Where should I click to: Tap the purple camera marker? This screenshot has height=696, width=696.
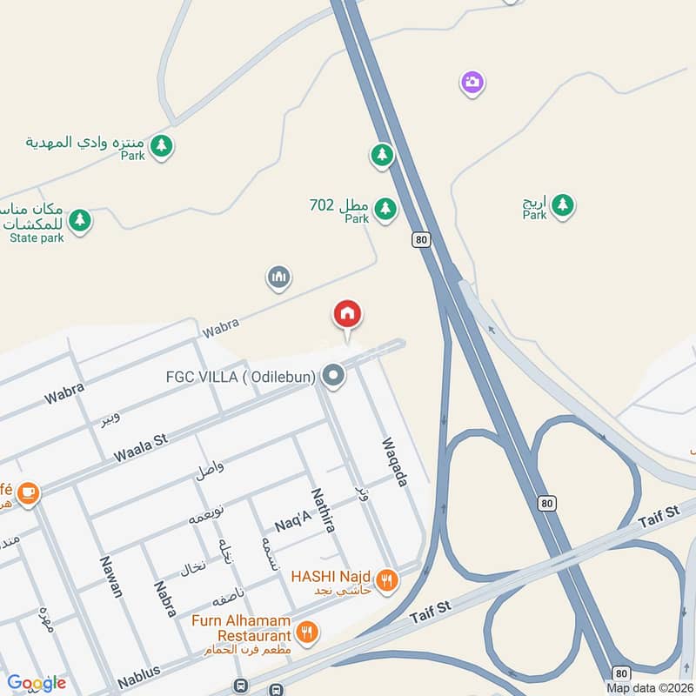click(x=472, y=83)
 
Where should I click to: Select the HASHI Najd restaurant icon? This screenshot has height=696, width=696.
click(x=387, y=579)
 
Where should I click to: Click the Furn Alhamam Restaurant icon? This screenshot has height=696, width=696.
click(x=306, y=632)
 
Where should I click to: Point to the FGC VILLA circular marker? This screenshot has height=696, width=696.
click(x=333, y=377)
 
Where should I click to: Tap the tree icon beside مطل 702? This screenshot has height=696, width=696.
click(x=385, y=208)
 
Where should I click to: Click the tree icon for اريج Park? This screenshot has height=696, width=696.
click(x=563, y=205)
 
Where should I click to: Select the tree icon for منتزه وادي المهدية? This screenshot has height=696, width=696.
click(x=160, y=146)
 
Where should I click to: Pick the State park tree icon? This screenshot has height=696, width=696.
click(x=80, y=220)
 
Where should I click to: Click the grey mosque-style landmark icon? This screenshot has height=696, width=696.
click(x=278, y=278)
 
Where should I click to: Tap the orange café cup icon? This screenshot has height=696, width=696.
click(x=28, y=493)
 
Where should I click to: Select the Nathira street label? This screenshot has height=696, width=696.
click(x=323, y=510)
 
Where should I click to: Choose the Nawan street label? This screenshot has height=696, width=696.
click(x=110, y=576)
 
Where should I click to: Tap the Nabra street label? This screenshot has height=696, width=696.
click(x=165, y=599)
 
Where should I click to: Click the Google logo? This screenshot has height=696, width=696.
click(x=37, y=683)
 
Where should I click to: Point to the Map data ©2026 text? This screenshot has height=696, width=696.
click(x=650, y=687)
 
